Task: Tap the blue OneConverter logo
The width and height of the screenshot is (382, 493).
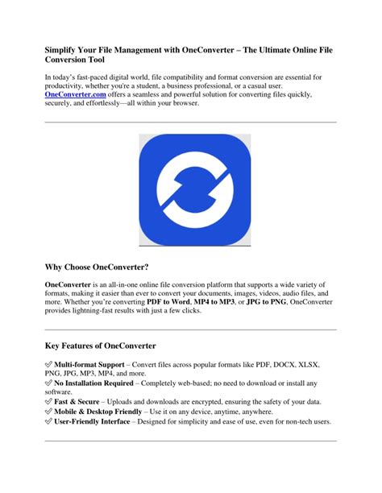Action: (190, 190)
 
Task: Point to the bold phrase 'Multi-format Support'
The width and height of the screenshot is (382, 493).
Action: (89, 365)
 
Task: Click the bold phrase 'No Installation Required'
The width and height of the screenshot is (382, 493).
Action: (98, 385)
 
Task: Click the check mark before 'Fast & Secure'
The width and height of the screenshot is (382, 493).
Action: (48, 401)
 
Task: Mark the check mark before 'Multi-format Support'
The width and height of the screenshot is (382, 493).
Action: (48, 365)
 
